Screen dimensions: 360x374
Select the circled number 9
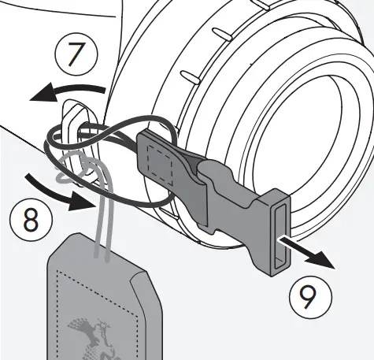click(x=307, y=295)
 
